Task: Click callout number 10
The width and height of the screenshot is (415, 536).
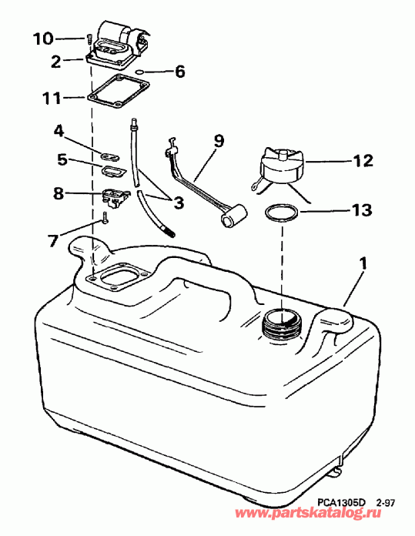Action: pos(44,38)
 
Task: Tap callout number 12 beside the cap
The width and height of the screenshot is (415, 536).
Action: pos(363,161)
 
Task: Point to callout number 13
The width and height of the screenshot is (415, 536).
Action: pos(363,209)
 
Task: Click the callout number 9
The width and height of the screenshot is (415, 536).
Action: pos(218,141)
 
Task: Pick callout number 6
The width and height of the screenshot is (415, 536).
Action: pos(179,72)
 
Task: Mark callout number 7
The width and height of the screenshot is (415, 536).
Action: pos(53,240)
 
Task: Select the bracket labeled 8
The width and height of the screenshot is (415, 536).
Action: pos(113,197)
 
